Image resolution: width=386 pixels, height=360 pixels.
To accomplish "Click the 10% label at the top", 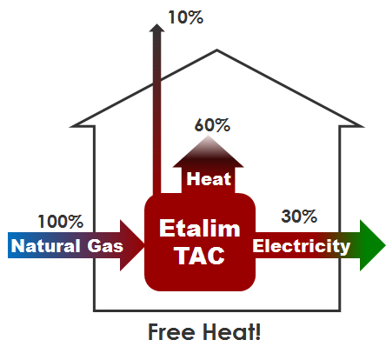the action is point(186,17).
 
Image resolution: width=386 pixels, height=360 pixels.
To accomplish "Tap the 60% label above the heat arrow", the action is point(212,125).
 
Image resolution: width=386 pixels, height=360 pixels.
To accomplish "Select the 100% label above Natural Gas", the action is point(61,222).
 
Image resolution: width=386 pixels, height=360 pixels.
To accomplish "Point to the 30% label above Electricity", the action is point(299,217).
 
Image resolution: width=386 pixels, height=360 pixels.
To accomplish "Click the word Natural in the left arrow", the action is point(46,246).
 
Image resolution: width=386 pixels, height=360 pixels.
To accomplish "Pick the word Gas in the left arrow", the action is point(105,246).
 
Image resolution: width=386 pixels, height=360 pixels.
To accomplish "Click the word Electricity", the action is point(302,246).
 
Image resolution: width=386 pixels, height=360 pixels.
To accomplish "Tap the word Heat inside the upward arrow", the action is point(209,178).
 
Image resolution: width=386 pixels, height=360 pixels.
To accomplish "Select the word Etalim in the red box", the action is point(200,229).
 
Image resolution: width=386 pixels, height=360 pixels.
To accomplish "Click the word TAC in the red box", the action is point(201,256).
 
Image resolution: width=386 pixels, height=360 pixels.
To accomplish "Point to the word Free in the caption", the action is point(171,332).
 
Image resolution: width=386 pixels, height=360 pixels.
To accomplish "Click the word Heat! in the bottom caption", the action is point(232,332).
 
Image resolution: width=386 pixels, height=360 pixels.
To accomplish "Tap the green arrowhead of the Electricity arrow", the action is point(373,245).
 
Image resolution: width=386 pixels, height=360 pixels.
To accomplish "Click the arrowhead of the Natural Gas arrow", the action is point(132,245).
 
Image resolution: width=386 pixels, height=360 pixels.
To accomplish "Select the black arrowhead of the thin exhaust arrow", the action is point(156,28).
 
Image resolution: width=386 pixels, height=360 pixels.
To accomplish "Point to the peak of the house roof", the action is point(216,50).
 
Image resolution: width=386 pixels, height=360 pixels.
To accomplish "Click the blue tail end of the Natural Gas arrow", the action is point(10,245).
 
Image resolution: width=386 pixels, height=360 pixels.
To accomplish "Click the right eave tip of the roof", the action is point(363,126).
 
